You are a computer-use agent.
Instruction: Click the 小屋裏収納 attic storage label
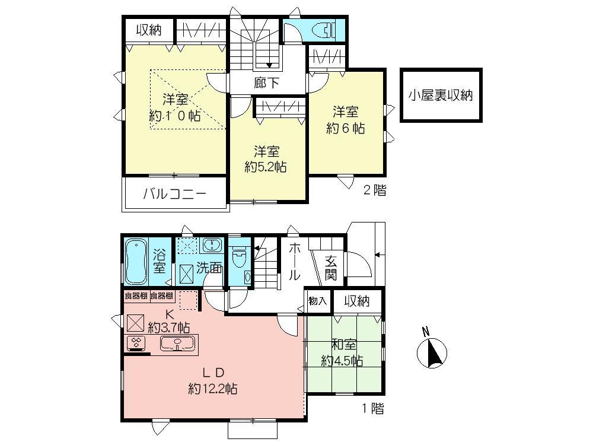(441, 95)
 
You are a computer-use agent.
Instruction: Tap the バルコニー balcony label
(174, 194)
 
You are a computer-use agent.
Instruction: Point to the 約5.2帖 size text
(266, 167)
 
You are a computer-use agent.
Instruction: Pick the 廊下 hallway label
(266, 83)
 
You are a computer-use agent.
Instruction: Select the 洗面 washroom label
(210, 268)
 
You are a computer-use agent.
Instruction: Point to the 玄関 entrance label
(331, 268)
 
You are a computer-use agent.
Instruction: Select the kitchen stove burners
(137, 342)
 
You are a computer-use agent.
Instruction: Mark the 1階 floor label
(374, 408)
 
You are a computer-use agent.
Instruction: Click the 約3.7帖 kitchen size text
(169, 327)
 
